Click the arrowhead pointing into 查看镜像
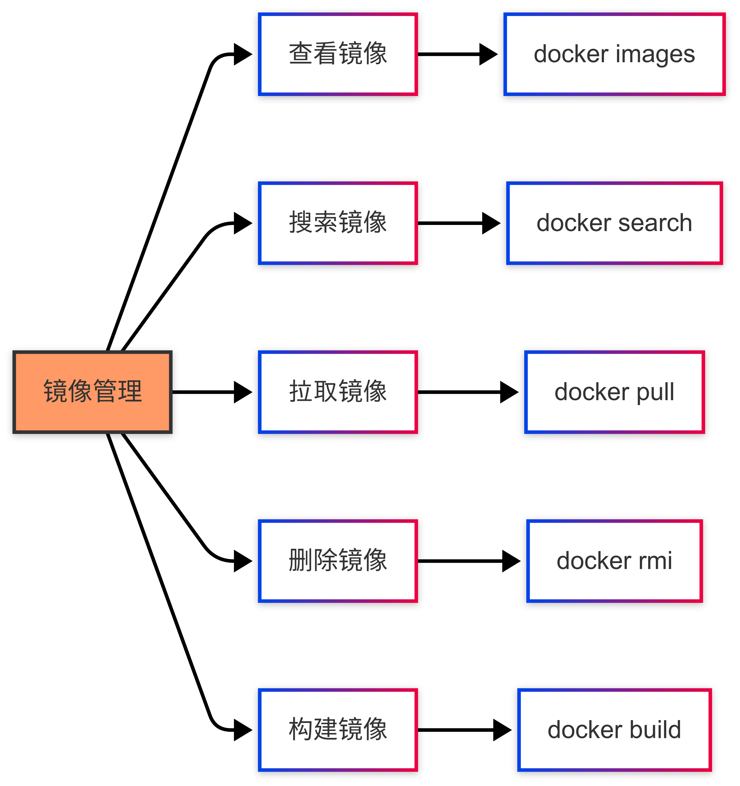pyautogui.click(x=242, y=54)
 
